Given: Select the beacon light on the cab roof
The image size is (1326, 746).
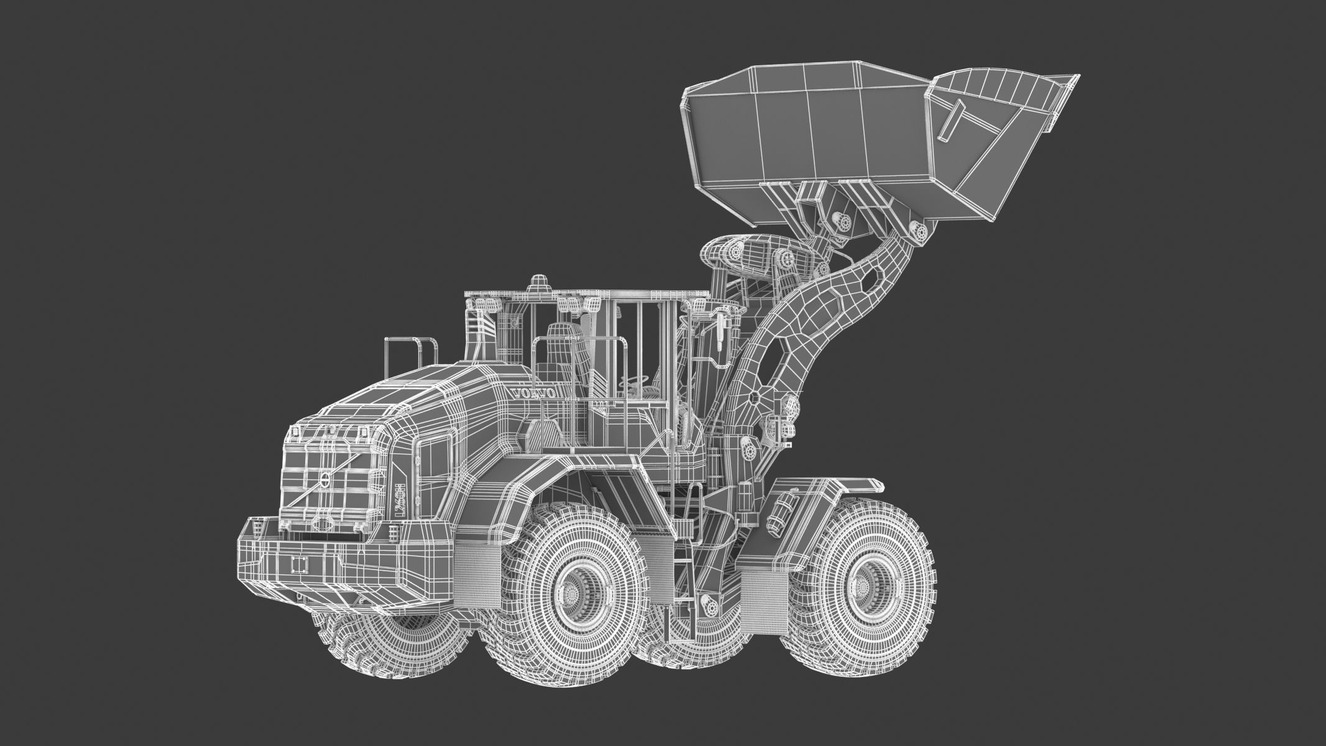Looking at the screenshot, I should (536, 283).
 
